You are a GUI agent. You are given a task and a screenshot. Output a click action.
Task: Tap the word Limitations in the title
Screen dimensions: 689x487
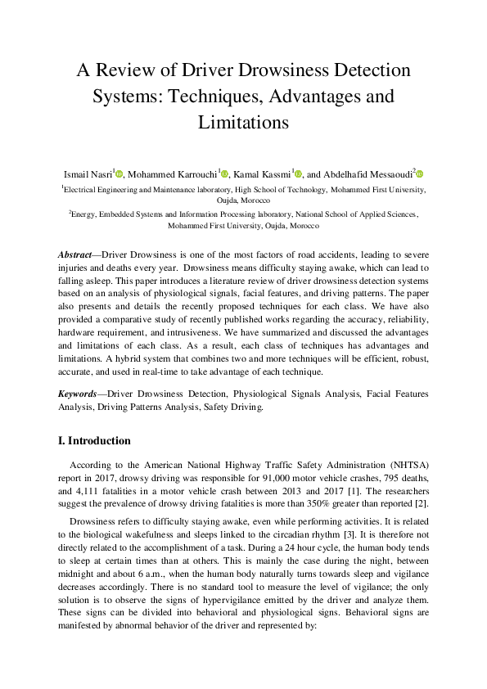click(x=243, y=123)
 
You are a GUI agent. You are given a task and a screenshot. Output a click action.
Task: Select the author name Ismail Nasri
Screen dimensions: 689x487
click(x=88, y=173)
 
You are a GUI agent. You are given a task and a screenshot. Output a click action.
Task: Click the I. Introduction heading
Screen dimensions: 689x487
click(x=94, y=440)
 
